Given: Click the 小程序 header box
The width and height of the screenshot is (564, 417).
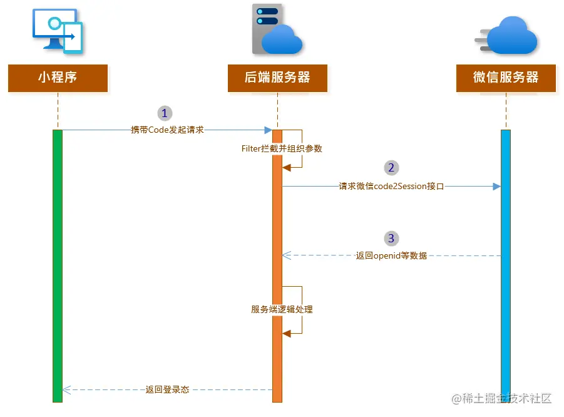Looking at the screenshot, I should (x=58, y=78).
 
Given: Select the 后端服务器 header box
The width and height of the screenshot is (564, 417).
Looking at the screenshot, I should (x=277, y=78).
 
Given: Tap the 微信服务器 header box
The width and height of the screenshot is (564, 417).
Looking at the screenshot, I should (x=506, y=78).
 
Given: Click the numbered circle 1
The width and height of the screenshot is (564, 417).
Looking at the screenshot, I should (x=165, y=113).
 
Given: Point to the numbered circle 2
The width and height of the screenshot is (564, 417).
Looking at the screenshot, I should (x=391, y=168).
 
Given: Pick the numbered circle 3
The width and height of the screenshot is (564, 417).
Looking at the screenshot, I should (x=391, y=239).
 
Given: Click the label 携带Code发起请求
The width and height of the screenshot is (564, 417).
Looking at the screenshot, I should (x=167, y=130).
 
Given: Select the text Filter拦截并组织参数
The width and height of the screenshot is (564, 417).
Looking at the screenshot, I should (x=282, y=148).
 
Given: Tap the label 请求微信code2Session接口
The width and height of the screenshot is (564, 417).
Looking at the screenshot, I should (x=391, y=186).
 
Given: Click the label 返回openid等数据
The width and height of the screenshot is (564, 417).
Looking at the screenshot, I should (x=391, y=255).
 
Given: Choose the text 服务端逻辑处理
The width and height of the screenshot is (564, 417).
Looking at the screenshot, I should (x=282, y=309).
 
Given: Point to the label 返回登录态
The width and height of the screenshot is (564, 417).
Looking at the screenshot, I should (x=167, y=389).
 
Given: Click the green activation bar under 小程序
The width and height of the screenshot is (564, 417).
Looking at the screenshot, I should (x=58, y=263).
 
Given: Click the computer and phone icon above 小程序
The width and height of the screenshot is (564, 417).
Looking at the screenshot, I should (x=58, y=31).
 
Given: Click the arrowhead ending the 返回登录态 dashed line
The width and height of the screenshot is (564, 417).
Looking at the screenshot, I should (x=66, y=389).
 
